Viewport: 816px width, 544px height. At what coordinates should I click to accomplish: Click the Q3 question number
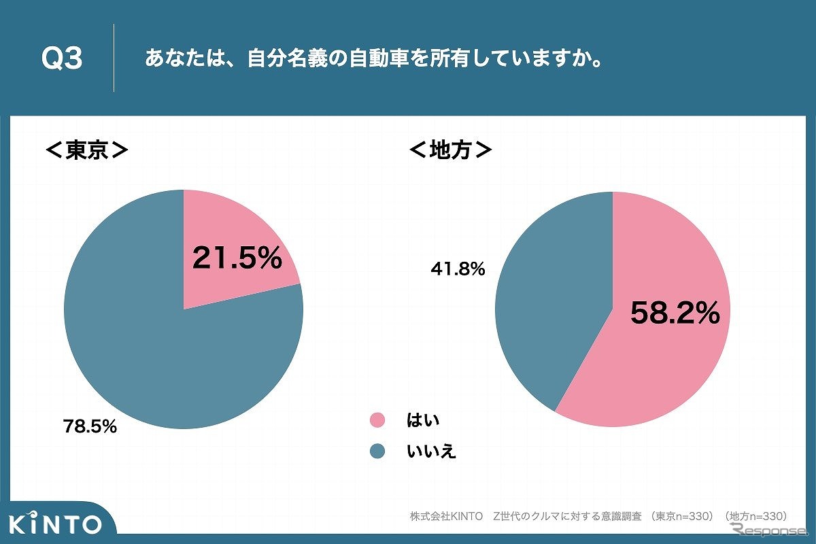coord(62,59)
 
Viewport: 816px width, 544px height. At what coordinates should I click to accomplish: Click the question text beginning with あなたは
coord(373,59)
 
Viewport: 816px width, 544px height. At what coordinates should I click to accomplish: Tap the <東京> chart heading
coord(86,150)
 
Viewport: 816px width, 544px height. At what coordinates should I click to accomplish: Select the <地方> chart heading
coord(449,150)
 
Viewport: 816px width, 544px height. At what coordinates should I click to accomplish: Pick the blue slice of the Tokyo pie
coord(150,354)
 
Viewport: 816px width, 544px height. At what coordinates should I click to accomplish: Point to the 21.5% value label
coord(237,258)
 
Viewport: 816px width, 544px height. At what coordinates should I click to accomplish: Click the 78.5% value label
coord(90,427)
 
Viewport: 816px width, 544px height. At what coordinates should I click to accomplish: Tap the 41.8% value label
coord(458,269)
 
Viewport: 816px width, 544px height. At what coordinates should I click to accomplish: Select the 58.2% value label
coord(675,313)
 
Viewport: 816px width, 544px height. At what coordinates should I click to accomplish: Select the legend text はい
coord(423,420)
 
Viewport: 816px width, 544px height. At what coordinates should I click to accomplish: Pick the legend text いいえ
coord(431,451)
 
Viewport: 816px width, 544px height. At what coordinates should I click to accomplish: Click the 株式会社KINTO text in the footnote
coord(446,515)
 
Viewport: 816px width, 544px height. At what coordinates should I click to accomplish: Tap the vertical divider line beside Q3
coord(114,58)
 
